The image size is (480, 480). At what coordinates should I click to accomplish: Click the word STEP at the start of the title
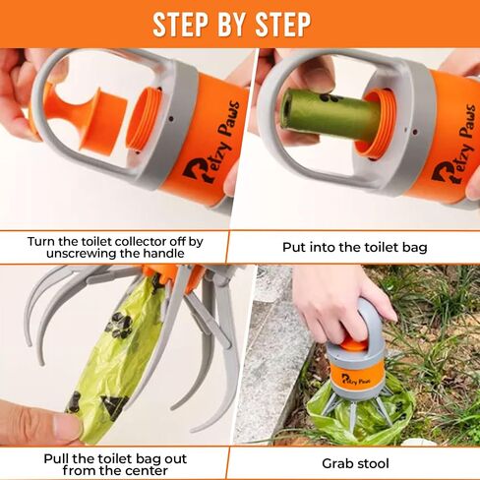coord(180,24)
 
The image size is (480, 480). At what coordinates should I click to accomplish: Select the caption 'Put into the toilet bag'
coord(355,247)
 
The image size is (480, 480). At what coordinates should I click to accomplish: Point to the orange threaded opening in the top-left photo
coord(144,121)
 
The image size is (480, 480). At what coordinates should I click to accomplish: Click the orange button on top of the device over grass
coord(353,345)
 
